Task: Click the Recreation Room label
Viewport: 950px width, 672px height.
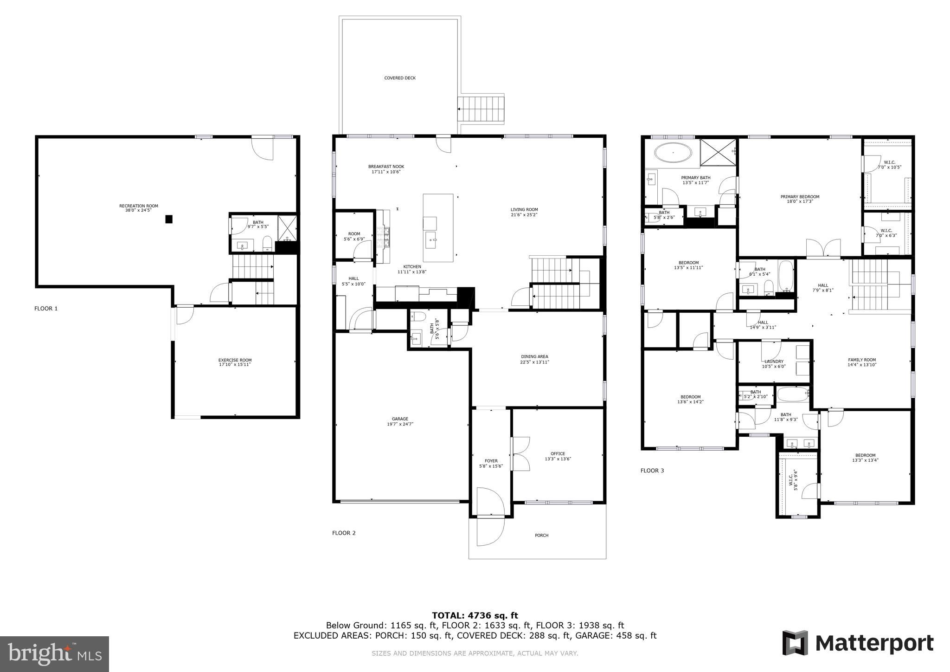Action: click(x=138, y=206)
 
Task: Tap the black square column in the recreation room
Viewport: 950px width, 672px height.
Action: click(x=169, y=219)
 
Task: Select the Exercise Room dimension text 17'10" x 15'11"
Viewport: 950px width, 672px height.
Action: click(x=235, y=365)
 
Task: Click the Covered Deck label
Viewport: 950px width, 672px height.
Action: click(x=400, y=78)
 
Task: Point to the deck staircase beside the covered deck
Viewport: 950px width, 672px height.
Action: click(x=481, y=110)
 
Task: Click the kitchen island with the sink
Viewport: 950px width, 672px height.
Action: click(x=438, y=228)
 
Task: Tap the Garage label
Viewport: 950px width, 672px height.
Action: click(x=400, y=419)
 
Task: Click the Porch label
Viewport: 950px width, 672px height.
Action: click(x=541, y=536)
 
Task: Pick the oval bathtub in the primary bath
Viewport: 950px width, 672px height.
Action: click(x=673, y=153)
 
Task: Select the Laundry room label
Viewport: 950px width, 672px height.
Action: click(x=774, y=362)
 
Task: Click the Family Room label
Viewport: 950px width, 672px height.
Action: click(x=862, y=360)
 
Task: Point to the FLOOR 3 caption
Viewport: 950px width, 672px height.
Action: click(x=652, y=471)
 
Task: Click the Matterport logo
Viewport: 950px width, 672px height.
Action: click(x=858, y=643)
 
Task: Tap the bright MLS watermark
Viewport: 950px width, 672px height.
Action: click(x=55, y=654)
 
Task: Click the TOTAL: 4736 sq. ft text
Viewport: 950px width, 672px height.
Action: click(x=475, y=616)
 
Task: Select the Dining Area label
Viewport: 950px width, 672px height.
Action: click(x=534, y=357)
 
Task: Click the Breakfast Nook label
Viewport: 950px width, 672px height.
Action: click(x=386, y=167)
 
